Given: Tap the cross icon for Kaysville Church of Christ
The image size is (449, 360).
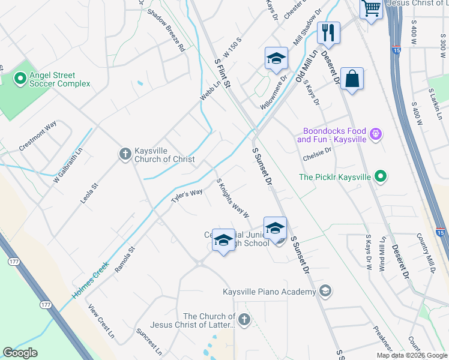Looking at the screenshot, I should click(125, 154).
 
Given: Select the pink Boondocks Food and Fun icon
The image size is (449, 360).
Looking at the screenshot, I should click(376, 134).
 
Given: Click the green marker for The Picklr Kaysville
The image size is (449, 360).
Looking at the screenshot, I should click(380, 176).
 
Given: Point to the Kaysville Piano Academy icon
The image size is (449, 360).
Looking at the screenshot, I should click(325, 292).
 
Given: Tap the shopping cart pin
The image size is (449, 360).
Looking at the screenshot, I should click(371, 8).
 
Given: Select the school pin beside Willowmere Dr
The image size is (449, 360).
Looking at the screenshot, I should click(276, 58).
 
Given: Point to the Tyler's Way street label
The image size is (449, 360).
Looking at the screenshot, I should click(187, 197).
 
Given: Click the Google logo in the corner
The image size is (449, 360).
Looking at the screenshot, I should click(20, 353).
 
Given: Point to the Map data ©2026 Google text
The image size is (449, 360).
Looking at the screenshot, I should click(412, 355).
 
